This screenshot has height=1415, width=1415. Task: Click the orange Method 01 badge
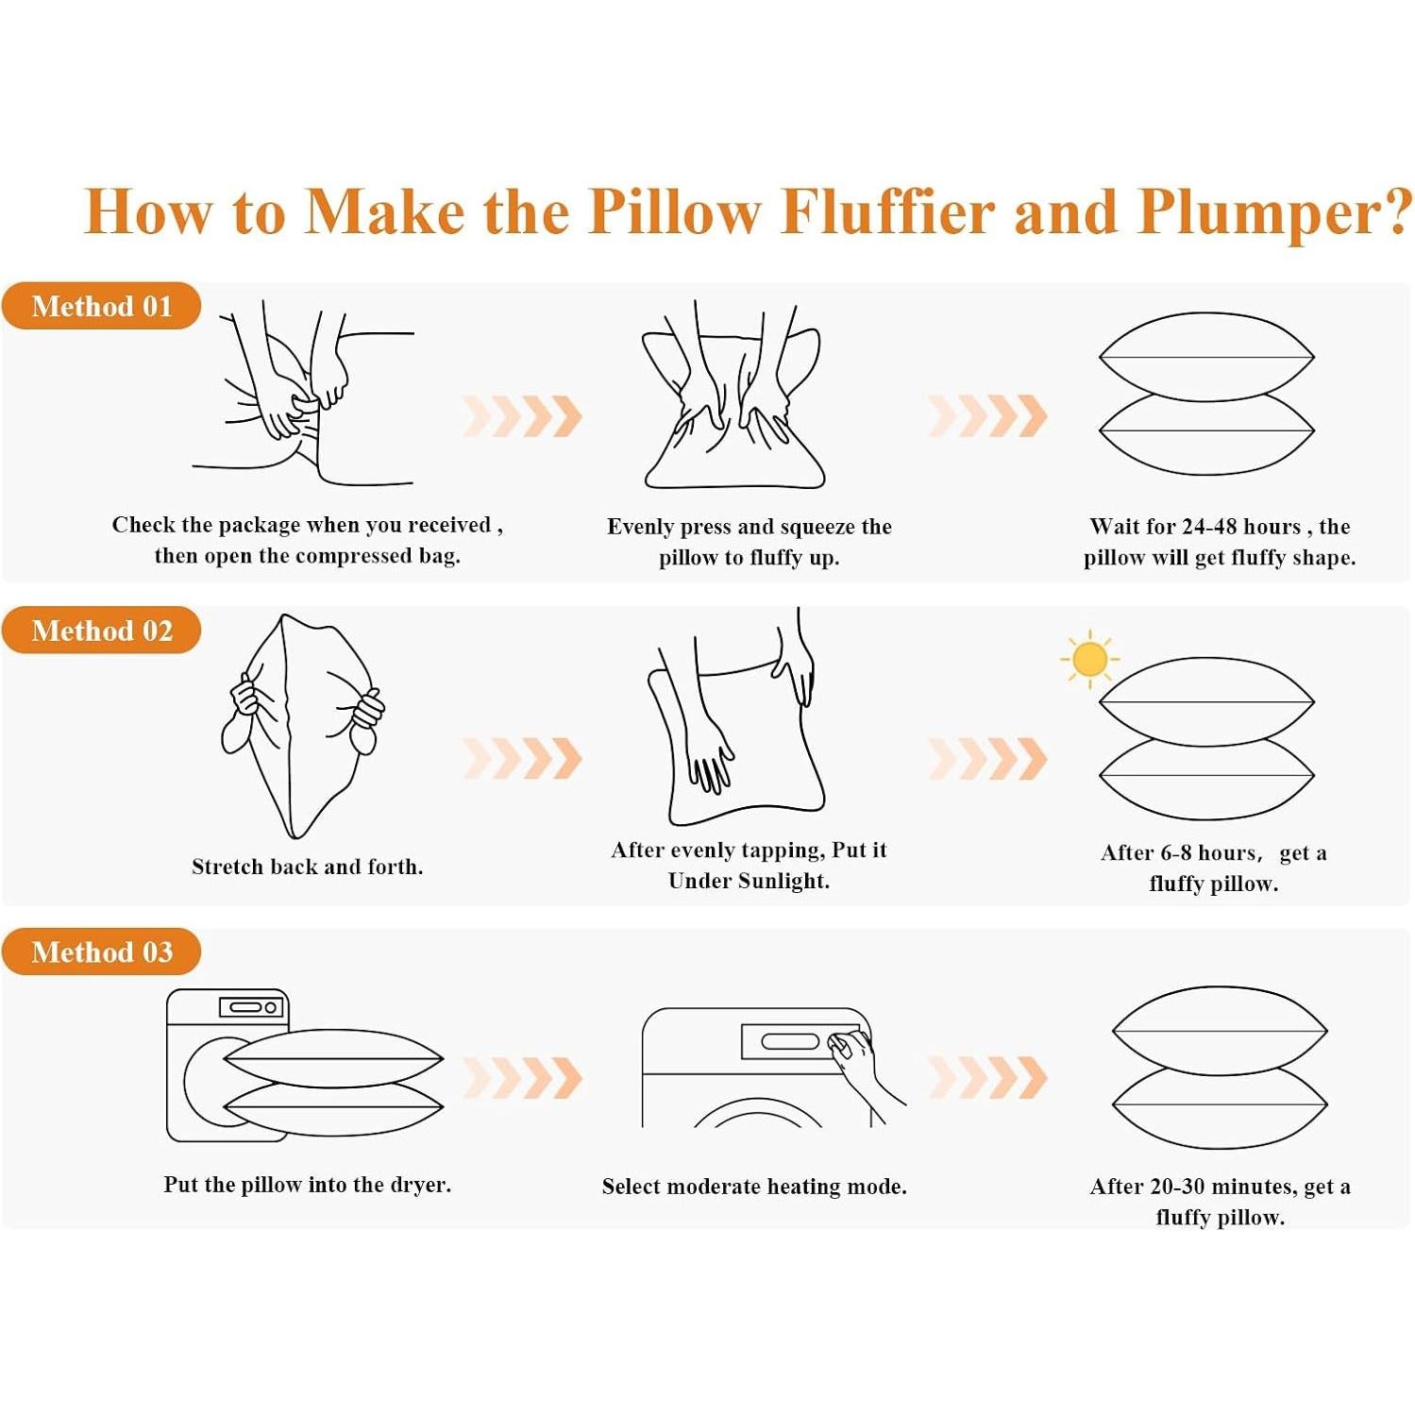click(x=102, y=306)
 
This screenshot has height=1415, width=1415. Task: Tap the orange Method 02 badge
click(x=102, y=630)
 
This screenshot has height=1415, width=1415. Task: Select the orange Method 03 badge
click(x=102, y=952)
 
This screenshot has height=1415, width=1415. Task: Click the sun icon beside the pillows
click(x=1090, y=659)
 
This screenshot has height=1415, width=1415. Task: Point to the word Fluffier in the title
click(x=888, y=211)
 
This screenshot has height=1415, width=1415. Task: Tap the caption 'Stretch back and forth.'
click(x=308, y=867)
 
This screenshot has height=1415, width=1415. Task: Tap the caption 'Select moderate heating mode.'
click(x=754, y=1187)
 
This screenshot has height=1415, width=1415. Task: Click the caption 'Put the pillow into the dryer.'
click(x=308, y=1185)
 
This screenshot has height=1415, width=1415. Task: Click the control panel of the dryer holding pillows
click(x=251, y=1007)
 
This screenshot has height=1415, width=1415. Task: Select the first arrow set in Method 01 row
click(x=522, y=416)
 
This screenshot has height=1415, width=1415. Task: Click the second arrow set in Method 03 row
click(x=987, y=1078)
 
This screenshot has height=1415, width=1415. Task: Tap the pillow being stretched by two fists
click(x=302, y=725)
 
